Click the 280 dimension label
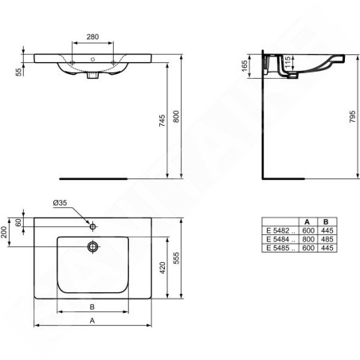click(92, 37)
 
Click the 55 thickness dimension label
click(18, 72)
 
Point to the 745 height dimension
click(162, 120)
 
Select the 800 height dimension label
click(176, 116)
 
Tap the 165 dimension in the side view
click(245, 66)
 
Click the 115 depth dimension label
click(288, 62)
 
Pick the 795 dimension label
click(352, 116)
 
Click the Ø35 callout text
click(60, 203)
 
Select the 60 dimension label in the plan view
click(18, 222)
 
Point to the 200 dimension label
click(4, 233)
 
